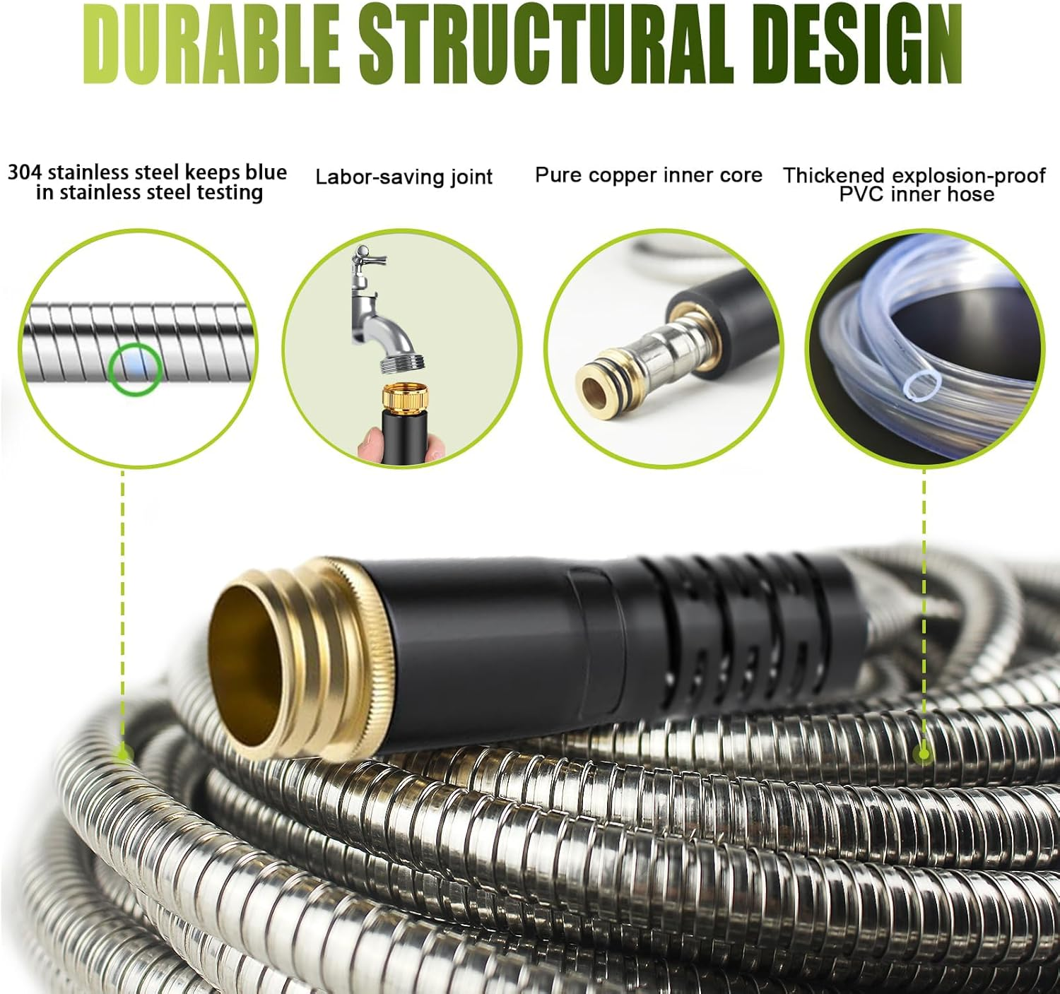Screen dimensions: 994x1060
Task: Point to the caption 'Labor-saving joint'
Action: click(404, 177)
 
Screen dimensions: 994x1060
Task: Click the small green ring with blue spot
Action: click(136, 369)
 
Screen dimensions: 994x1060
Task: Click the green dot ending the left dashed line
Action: click(123, 754)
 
